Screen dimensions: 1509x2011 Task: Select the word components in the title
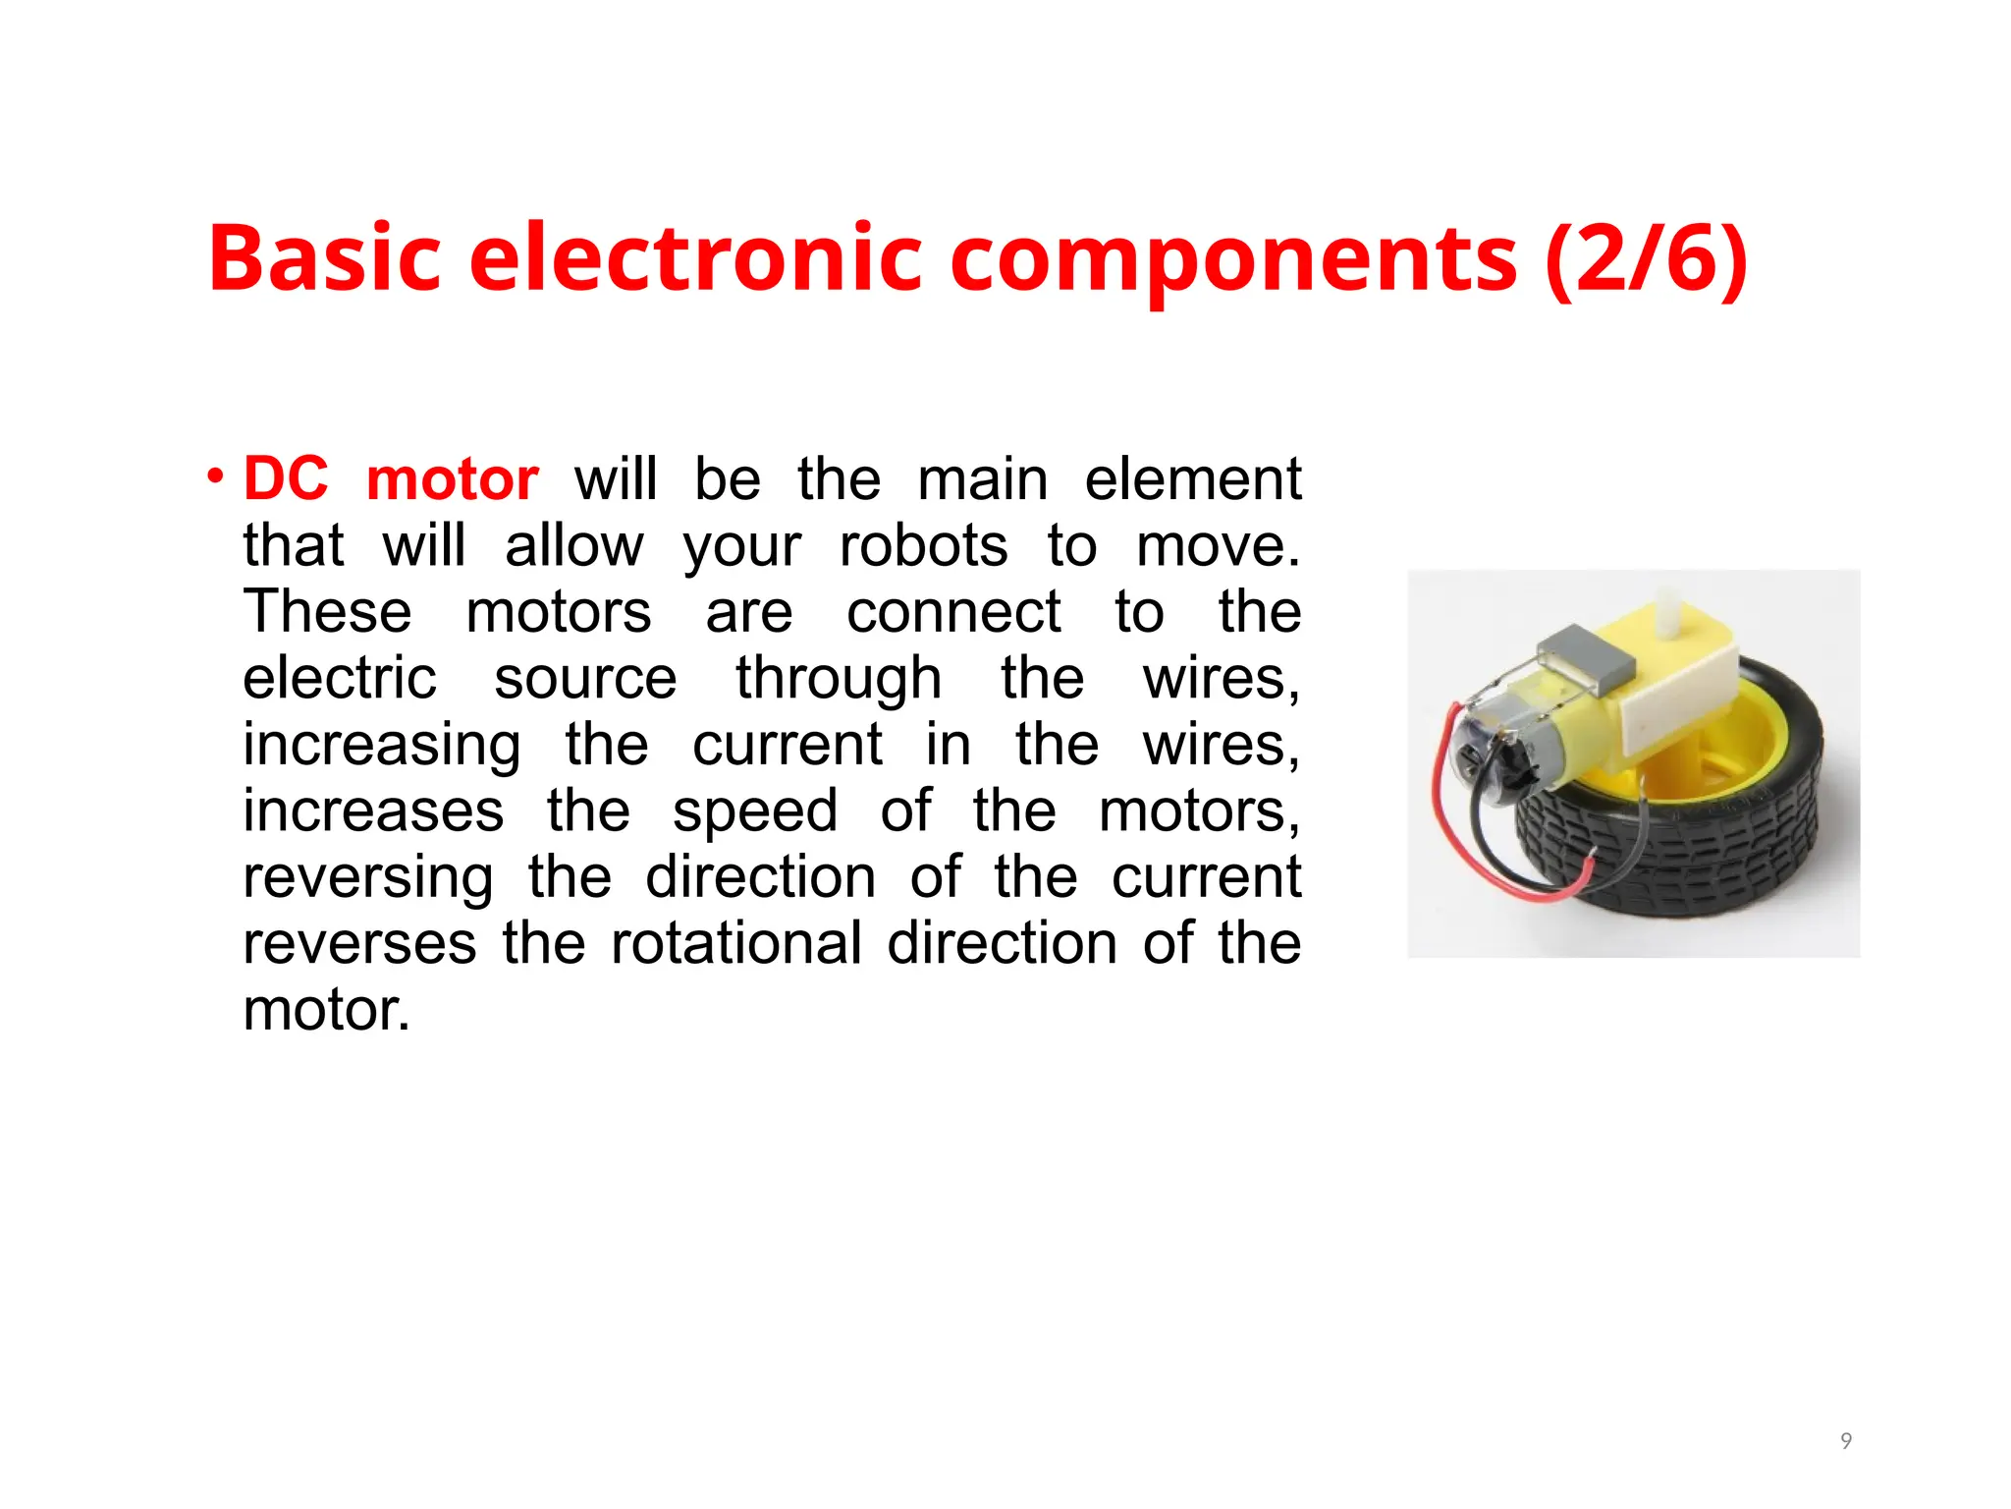(1234, 260)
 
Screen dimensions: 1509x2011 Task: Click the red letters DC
(286, 479)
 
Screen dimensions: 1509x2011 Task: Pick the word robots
(923, 545)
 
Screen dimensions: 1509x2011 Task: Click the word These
(327, 611)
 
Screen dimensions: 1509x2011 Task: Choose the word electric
(340, 678)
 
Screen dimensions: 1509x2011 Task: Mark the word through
(839, 680)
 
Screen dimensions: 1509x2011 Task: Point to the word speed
(754, 812)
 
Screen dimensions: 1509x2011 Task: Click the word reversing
(368, 878)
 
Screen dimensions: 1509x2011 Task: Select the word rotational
(735, 943)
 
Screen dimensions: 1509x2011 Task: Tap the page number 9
(1846, 1441)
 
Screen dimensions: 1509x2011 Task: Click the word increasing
(382, 746)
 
